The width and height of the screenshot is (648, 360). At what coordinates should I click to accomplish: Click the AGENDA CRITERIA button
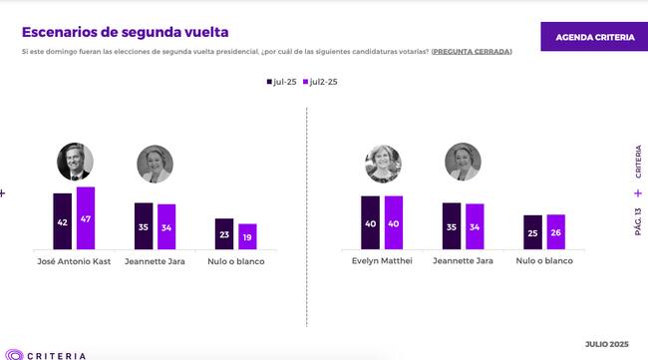(x=594, y=37)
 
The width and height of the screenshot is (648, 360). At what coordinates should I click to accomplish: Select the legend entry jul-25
(x=279, y=83)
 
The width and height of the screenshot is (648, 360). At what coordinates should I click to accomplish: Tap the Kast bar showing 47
(x=86, y=218)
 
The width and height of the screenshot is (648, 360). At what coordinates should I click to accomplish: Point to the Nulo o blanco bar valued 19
(x=247, y=236)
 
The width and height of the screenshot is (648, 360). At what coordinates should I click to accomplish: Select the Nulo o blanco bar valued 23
(x=224, y=233)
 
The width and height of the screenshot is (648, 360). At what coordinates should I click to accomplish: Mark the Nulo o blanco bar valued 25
(x=532, y=232)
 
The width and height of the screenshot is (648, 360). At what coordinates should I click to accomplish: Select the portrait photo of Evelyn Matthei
(x=383, y=165)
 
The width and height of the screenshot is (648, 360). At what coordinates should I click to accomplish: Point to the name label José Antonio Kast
(x=75, y=261)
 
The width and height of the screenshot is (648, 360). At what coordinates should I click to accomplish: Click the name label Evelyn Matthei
(x=383, y=261)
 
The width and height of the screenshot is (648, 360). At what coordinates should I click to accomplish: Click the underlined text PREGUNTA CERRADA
(x=472, y=51)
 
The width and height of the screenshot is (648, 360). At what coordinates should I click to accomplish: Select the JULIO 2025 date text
(x=606, y=342)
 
